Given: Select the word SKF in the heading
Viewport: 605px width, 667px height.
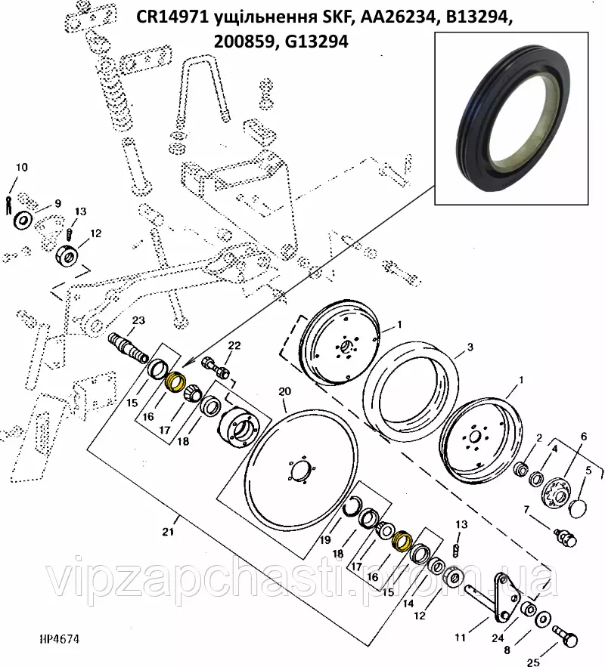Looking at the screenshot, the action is coord(330,18).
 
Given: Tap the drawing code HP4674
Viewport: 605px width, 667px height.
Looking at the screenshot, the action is coord(59,639).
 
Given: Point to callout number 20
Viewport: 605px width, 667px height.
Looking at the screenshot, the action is coord(284,391).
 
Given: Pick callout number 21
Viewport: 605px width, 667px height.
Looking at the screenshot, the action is coord(168,532).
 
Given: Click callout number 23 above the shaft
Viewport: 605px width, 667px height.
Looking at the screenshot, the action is coord(138,320).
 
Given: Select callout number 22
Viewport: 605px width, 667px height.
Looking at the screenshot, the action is coord(234,345).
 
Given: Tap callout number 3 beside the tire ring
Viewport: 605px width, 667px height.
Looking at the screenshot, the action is coord(470,347).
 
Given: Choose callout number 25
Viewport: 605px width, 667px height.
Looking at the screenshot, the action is coord(533,662).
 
